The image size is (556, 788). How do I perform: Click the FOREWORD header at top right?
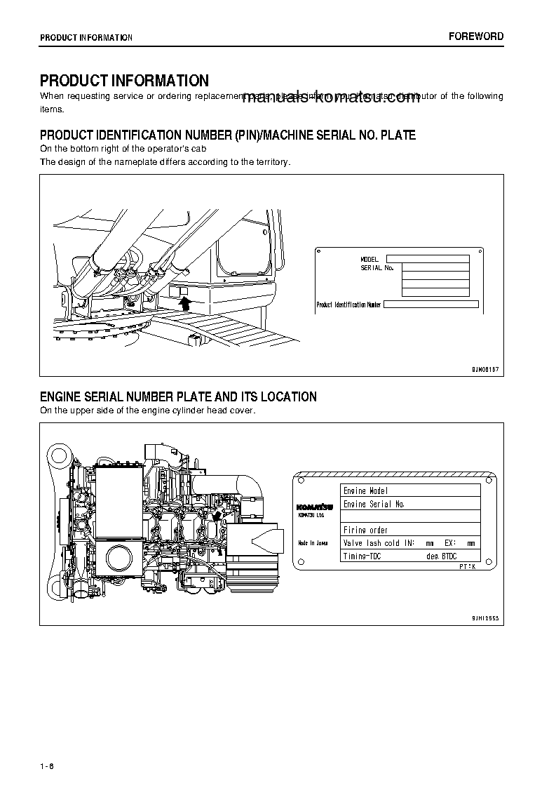[x=476, y=36]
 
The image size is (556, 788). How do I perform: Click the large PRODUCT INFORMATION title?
[x=124, y=81]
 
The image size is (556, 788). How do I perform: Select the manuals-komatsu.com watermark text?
[x=331, y=98]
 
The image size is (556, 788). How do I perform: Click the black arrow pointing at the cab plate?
[x=185, y=302]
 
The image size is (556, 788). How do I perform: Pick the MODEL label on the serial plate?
[x=369, y=259]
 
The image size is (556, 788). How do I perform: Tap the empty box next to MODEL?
[x=427, y=259]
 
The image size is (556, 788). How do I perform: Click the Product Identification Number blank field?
[x=431, y=305]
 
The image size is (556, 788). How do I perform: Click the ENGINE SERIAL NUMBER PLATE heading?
[x=178, y=397]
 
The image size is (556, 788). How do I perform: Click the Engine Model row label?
[x=365, y=490]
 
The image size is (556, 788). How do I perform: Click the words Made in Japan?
[x=313, y=543]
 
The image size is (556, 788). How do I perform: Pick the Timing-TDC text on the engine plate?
[x=362, y=556]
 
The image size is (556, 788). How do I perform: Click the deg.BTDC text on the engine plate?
[x=441, y=556]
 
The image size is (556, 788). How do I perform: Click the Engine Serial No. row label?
[x=374, y=504]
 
